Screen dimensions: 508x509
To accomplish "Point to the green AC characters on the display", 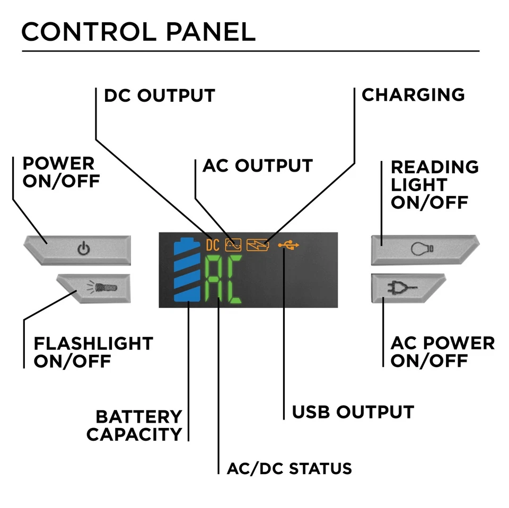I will (x=223, y=280).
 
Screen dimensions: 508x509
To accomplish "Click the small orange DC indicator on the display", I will (x=212, y=245).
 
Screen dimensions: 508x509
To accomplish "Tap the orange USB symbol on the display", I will (x=291, y=245).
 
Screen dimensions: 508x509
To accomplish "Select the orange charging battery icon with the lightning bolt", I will (x=258, y=245).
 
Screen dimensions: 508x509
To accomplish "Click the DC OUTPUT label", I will (x=159, y=96).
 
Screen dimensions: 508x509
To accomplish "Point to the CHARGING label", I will (x=413, y=95).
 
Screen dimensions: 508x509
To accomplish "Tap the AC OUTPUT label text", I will (x=258, y=165).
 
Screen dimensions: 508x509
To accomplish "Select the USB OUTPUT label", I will (x=353, y=412).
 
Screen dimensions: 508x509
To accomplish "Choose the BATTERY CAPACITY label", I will (x=135, y=425).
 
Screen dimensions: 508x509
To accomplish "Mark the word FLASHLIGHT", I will (x=93, y=343).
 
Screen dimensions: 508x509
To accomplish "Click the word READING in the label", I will (x=435, y=167).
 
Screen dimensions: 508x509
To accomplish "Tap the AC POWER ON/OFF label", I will (x=442, y=352).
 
